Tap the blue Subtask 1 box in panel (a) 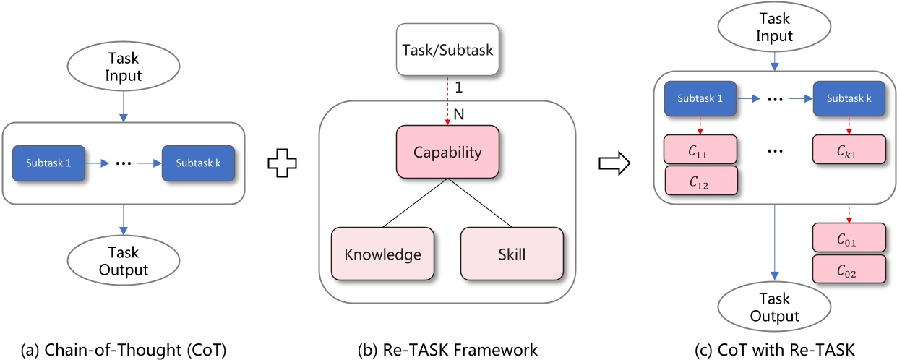(x=48, y=163)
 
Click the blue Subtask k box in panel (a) (x=198, y=163)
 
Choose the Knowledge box (x=382, y=254)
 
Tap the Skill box (x=511, y=254)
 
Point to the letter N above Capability (x=458, y=113)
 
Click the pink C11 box (x=700, y=149)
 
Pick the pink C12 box (x=700, y=181)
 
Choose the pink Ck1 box (x=849, y=149)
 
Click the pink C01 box (x=849, y=239)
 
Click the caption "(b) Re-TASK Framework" (x=447, y=350)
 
